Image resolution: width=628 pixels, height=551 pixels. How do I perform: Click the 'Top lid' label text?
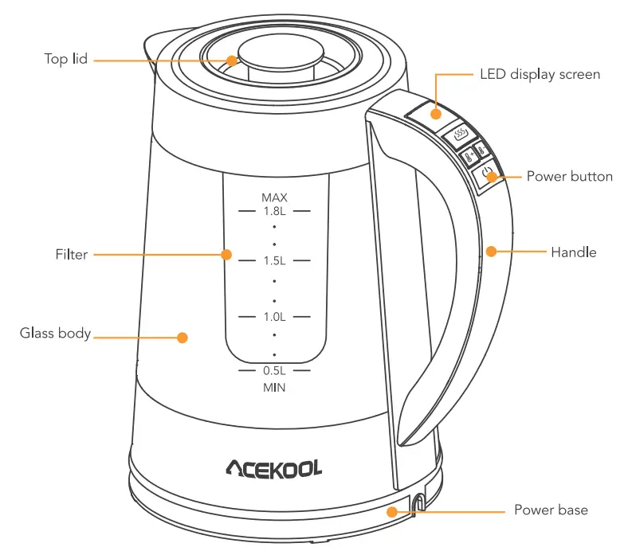point(65,60)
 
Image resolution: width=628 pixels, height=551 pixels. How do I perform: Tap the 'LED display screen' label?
point(540,74)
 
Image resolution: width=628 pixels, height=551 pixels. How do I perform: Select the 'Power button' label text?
point(569,176)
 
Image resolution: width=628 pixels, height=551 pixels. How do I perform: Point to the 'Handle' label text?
point(573,252)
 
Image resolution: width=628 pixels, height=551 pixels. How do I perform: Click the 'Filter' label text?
point(72,255)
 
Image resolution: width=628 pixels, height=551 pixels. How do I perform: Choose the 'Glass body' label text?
point(55,333)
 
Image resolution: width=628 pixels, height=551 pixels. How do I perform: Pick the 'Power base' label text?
point(551,510)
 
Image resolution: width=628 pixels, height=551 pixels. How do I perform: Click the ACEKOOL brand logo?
point(273,468)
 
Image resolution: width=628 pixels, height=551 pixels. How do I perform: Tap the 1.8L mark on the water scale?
point(273,211)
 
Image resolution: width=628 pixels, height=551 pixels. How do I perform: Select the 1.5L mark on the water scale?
point(273,261)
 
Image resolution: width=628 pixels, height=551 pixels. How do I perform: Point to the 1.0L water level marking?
point(273,317)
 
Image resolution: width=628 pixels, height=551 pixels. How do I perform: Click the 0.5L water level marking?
point(273,371)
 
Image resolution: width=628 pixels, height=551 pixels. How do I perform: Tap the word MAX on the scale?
point(273,197)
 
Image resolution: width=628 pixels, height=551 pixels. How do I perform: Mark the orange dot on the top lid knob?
point(231,60)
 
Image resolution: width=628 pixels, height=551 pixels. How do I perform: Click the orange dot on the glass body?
point(182,338)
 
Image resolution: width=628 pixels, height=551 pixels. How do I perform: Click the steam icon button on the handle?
point(460,135)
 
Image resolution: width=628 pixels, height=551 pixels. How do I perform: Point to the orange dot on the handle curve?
point(492,252)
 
